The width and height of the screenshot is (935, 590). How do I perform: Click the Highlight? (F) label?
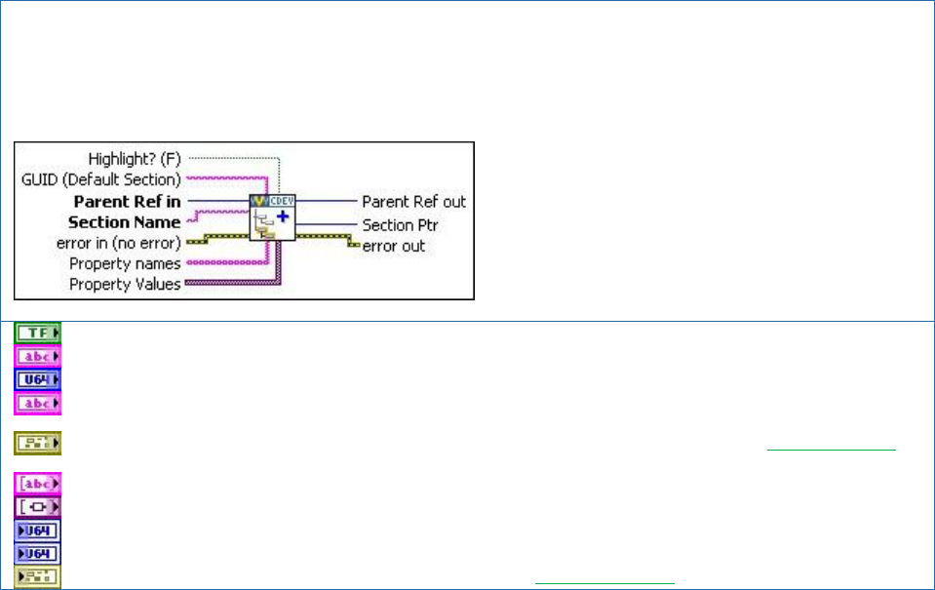point(135,158)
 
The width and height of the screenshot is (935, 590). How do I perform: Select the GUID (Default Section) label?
point(101,179)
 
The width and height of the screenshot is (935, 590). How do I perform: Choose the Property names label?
point(125,264)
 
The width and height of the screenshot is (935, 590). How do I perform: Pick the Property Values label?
point(125,285)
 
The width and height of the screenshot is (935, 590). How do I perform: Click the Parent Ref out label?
point(413,202)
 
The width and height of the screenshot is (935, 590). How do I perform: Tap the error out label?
point(394,246)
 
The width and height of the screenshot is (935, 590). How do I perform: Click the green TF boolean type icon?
point(37,334)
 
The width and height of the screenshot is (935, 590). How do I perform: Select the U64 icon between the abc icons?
point(37,379)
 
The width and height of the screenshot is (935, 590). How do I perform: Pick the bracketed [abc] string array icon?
point(37,484)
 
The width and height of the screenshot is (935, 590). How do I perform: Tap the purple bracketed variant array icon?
point(37,507)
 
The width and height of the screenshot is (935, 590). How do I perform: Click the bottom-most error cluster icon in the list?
point(37,577)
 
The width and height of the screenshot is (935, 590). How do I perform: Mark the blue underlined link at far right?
point(831,447)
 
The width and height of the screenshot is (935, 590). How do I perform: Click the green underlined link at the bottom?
point(604,582)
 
